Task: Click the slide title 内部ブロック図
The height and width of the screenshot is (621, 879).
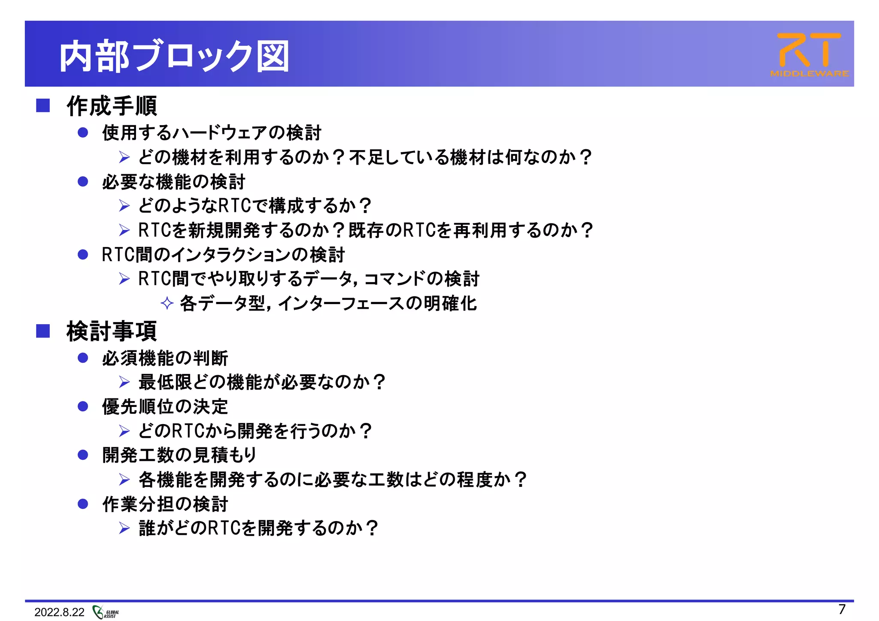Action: tap(174, 56)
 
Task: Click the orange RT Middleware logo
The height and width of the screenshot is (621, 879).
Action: tap(809, 55)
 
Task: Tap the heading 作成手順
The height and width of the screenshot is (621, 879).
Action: tap(112, 106)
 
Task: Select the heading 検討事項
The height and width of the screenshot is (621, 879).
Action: tap(112, 331)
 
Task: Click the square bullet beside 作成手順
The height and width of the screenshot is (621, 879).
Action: tap(43, 106)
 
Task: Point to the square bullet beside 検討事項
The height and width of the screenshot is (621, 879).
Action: tap(43, 331)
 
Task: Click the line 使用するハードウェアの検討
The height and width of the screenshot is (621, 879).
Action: tap(212, 133)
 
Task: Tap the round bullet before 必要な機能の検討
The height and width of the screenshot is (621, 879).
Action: tap(83, 181)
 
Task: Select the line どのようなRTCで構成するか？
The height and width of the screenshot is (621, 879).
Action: tap(255, 206)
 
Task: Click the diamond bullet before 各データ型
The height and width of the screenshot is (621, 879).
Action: tap(167, 303)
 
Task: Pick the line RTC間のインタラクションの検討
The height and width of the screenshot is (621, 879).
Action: tap(223, 255)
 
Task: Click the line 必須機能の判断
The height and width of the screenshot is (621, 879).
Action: tap(165, 358)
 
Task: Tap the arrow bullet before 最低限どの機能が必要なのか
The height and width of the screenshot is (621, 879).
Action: tap(124, 382)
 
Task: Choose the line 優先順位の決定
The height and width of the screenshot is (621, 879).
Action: tap(165, 407)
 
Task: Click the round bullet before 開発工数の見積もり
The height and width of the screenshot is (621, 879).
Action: tap(83, 455)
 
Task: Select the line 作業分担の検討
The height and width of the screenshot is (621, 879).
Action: tap(165, 504)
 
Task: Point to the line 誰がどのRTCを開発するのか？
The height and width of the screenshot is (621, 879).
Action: tap(258, 528)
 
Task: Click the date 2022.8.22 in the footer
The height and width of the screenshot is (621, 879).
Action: tap(59, 612)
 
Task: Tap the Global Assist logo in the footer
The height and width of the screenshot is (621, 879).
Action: tap(106, 612)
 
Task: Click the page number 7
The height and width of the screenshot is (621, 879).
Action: tap(842, 609)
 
